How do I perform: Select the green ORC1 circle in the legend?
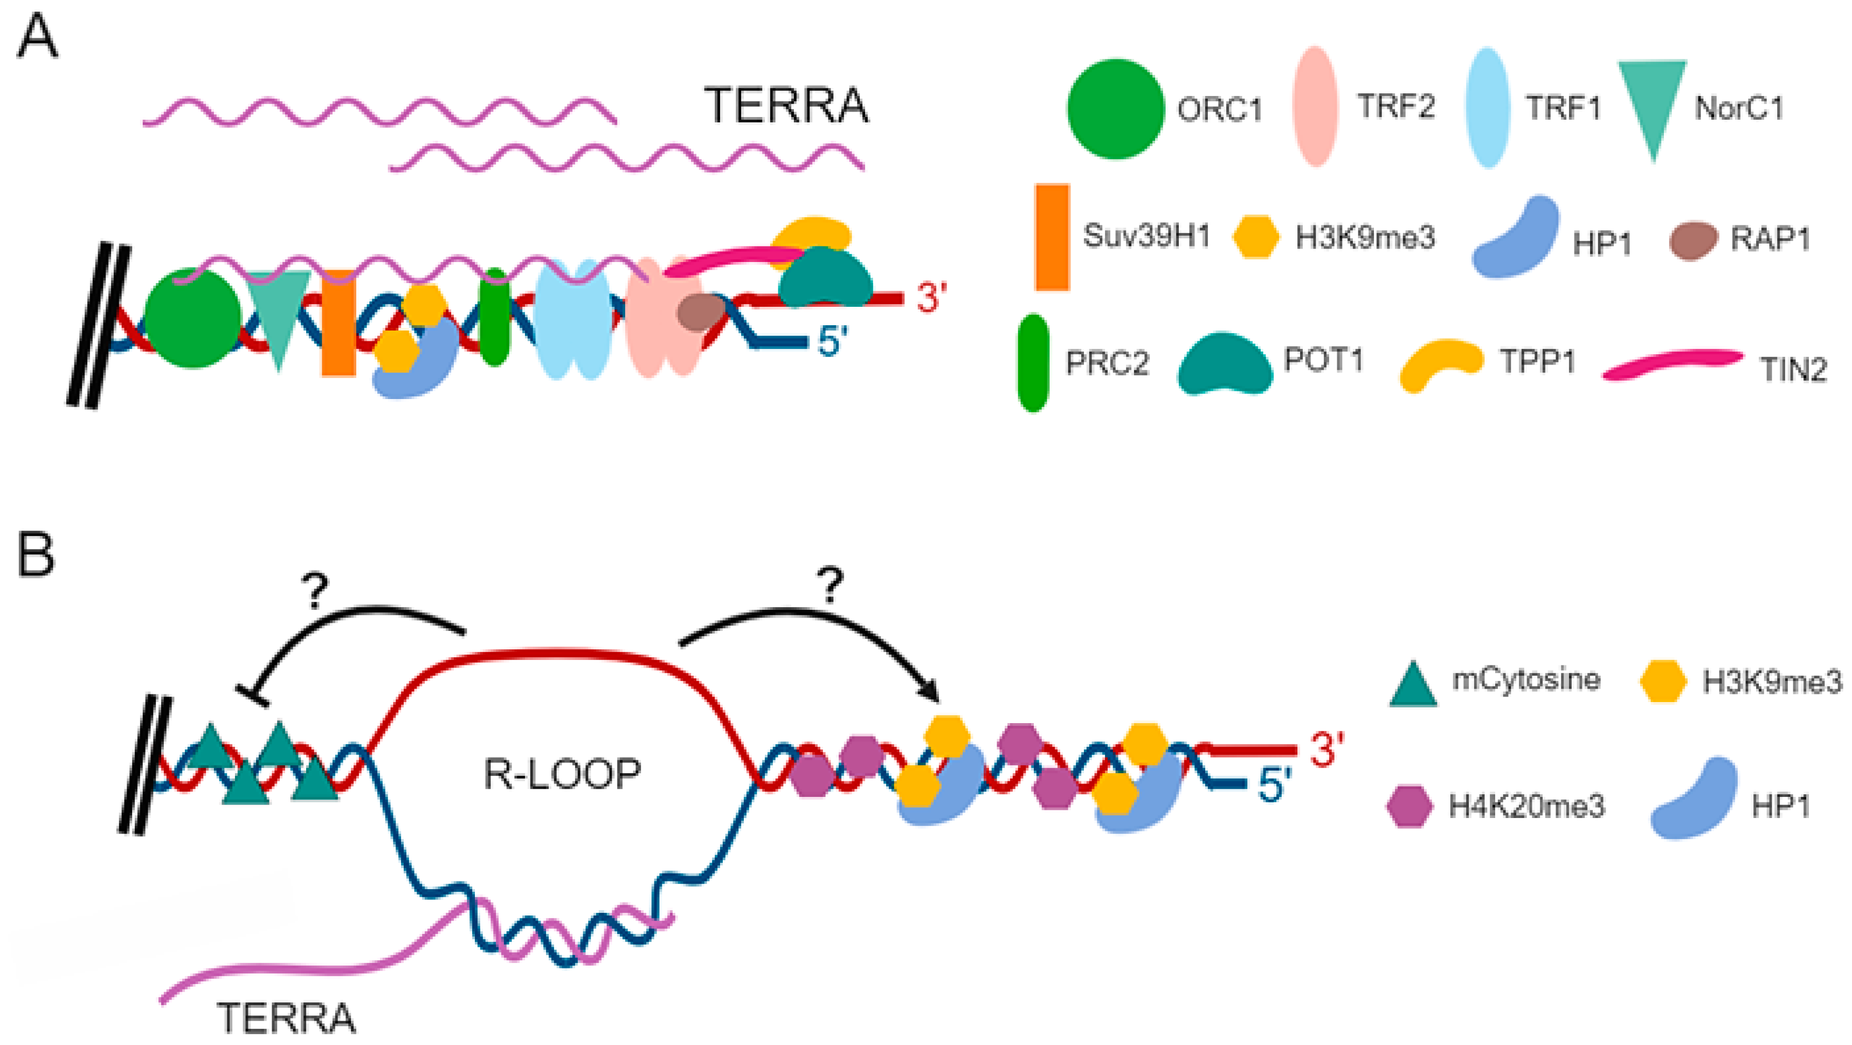(x=1115, y=108)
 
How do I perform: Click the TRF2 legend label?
(x=1395, y=106)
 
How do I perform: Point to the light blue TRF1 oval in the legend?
(x=1488, y=108)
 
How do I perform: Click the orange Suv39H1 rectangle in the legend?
(x=1052, y=237)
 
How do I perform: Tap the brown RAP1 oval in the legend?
(x=1692, y=241)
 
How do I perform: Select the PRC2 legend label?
(x=1107, y=363)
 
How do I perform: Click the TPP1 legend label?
(x=1537, y=362)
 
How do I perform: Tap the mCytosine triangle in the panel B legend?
(x=1413, y=685)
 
